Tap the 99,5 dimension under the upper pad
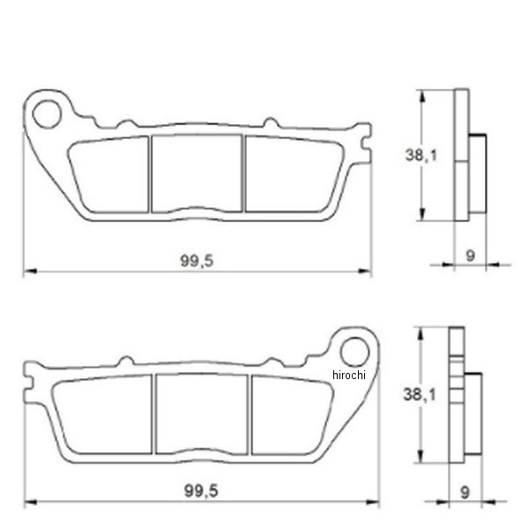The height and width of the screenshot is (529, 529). pyautogui.click(x=197, y=261)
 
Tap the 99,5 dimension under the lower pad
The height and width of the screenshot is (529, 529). pyautogui.click(x=201, y=491)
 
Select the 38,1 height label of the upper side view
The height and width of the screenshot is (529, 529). pyautogui.click(x=421, y=155)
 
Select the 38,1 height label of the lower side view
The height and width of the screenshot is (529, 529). pyautogui.click(x=420, y=394)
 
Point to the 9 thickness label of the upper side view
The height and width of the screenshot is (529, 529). pyautogui.click(x=470, y=256)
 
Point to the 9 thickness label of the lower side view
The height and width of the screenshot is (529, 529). pyautogui.click(x=465, y=493)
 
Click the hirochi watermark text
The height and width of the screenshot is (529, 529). pyautogui.click(x=349, y=375)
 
